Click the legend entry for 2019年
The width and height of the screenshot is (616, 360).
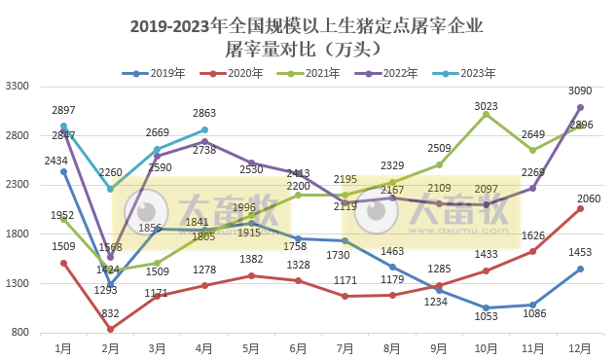point(154,73)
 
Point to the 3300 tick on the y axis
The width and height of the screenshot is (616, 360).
point(18,87)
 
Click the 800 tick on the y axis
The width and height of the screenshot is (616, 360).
point(21,333)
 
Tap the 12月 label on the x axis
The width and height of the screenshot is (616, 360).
point(580,346)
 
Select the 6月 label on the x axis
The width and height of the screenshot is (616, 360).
point(298,346)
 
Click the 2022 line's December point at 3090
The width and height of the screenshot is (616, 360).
point(580,107)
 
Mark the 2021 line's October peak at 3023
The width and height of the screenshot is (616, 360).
point(487,114)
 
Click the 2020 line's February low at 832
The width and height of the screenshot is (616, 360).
point(110,329)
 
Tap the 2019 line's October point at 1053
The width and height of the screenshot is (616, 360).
point(487,307)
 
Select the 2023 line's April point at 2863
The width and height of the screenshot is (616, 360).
point(204,129)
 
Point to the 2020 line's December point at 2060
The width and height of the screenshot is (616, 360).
point(580,208)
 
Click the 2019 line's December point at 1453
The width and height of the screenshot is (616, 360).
point(580,269)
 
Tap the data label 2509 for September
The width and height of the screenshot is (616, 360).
point(440,148)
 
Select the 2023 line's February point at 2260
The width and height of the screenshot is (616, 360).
point(110,189)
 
